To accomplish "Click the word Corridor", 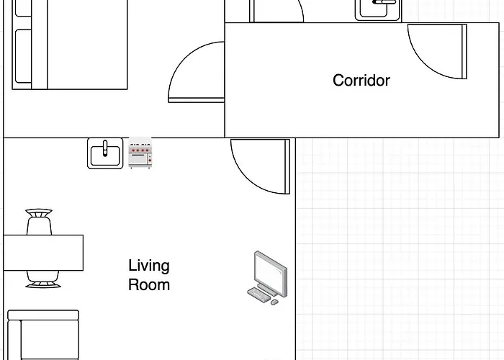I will click(361, 80).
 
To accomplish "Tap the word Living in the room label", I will click(149, 266).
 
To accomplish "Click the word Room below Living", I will click(149, 284).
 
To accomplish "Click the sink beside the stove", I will click(105, 153).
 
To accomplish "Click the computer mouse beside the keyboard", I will click(274, 302).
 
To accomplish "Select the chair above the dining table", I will click(39, 222).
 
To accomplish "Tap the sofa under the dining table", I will click(43, 335).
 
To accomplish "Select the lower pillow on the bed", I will click(23, 58).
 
